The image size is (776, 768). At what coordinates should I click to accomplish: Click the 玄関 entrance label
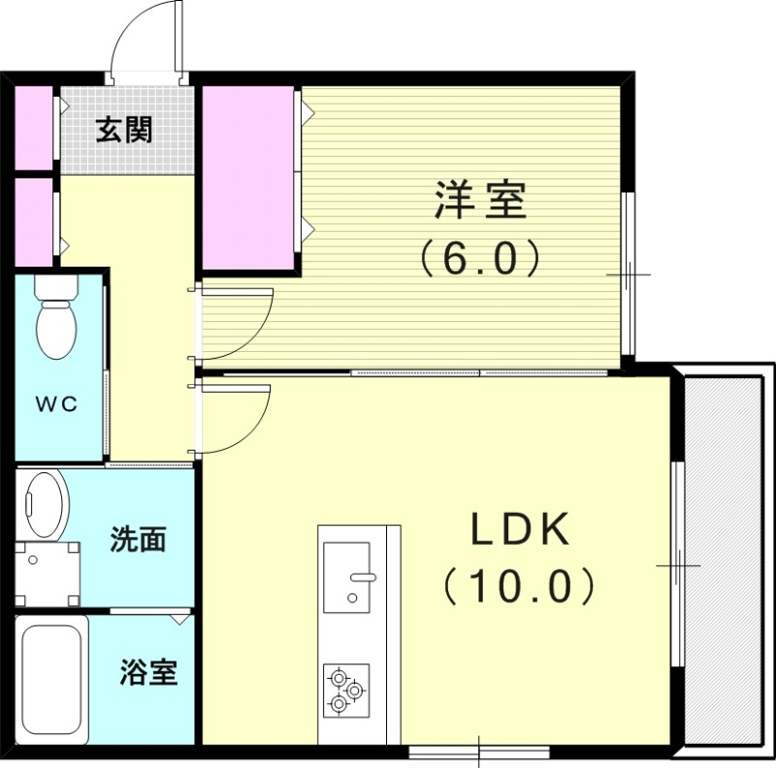click(x=123, y=130)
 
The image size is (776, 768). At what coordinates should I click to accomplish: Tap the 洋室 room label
click(x=479, y=201)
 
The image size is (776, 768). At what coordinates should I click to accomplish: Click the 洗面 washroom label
click(x=137, y=540)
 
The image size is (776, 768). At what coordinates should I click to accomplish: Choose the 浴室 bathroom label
click(x=148, y=672)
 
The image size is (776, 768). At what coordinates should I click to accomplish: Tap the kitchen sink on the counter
click(x=347, y=577)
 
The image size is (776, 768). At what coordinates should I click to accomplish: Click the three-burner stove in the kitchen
click(x=346, y=690)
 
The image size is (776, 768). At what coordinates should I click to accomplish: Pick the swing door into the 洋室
click(x=234, y=316)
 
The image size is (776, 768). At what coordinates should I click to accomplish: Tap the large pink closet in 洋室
click(x=248, y=177)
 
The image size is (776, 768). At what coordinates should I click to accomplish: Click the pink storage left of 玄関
click(x=34, y=128)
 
